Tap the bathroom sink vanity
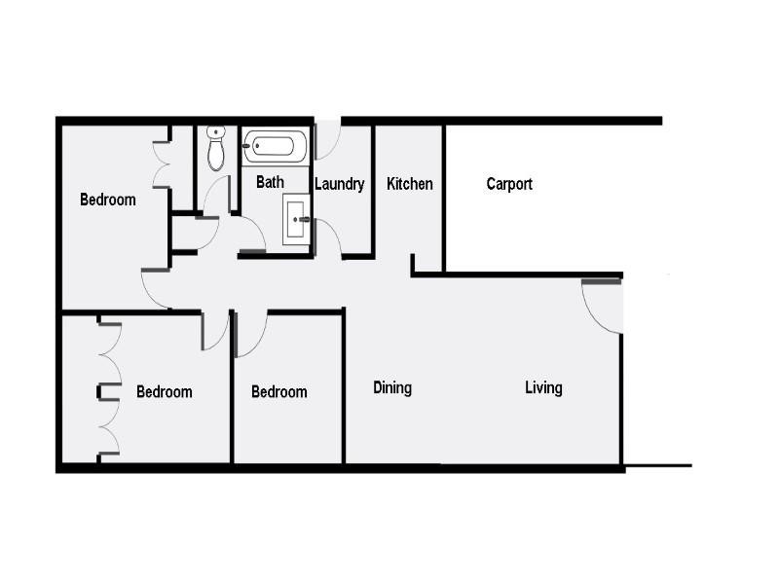(296, 219)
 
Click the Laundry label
(340, 184)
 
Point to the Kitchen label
(410, 184)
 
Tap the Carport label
(509, 184)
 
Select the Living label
(543, 388)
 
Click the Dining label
(392, 388)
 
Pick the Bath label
(270, 182)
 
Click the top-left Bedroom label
(107, 201)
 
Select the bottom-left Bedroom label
(164, 392)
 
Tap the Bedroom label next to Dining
(278, 392)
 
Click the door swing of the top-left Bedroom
(156, 287)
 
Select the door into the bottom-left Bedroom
(214, 331)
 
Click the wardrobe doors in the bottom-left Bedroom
(109, 390)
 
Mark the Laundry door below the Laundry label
(327, 237)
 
